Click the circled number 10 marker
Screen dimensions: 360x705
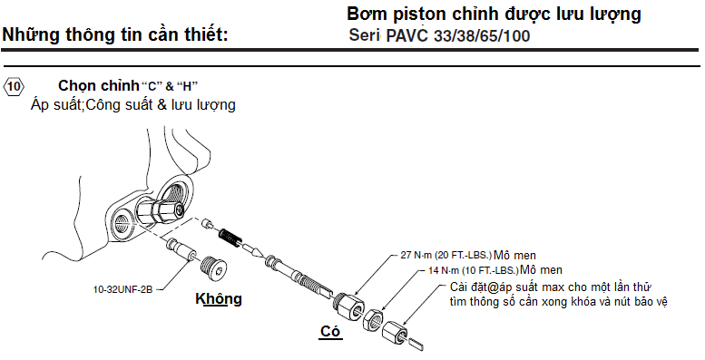(x=15, y=87)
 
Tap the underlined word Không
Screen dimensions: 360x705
(x=220, y=299)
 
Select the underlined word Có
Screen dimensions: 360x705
(x=329, y=332)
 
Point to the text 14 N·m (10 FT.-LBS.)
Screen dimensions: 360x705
(x=474, y=270)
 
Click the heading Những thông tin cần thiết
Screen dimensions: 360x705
(x=115, y=37)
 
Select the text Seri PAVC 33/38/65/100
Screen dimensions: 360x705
(x=439, y=37)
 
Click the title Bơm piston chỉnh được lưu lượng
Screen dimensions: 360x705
(x=494, y=15)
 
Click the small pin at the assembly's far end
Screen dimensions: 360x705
(x=416, y=342)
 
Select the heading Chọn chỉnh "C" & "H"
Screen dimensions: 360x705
(x=128, y=86)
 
